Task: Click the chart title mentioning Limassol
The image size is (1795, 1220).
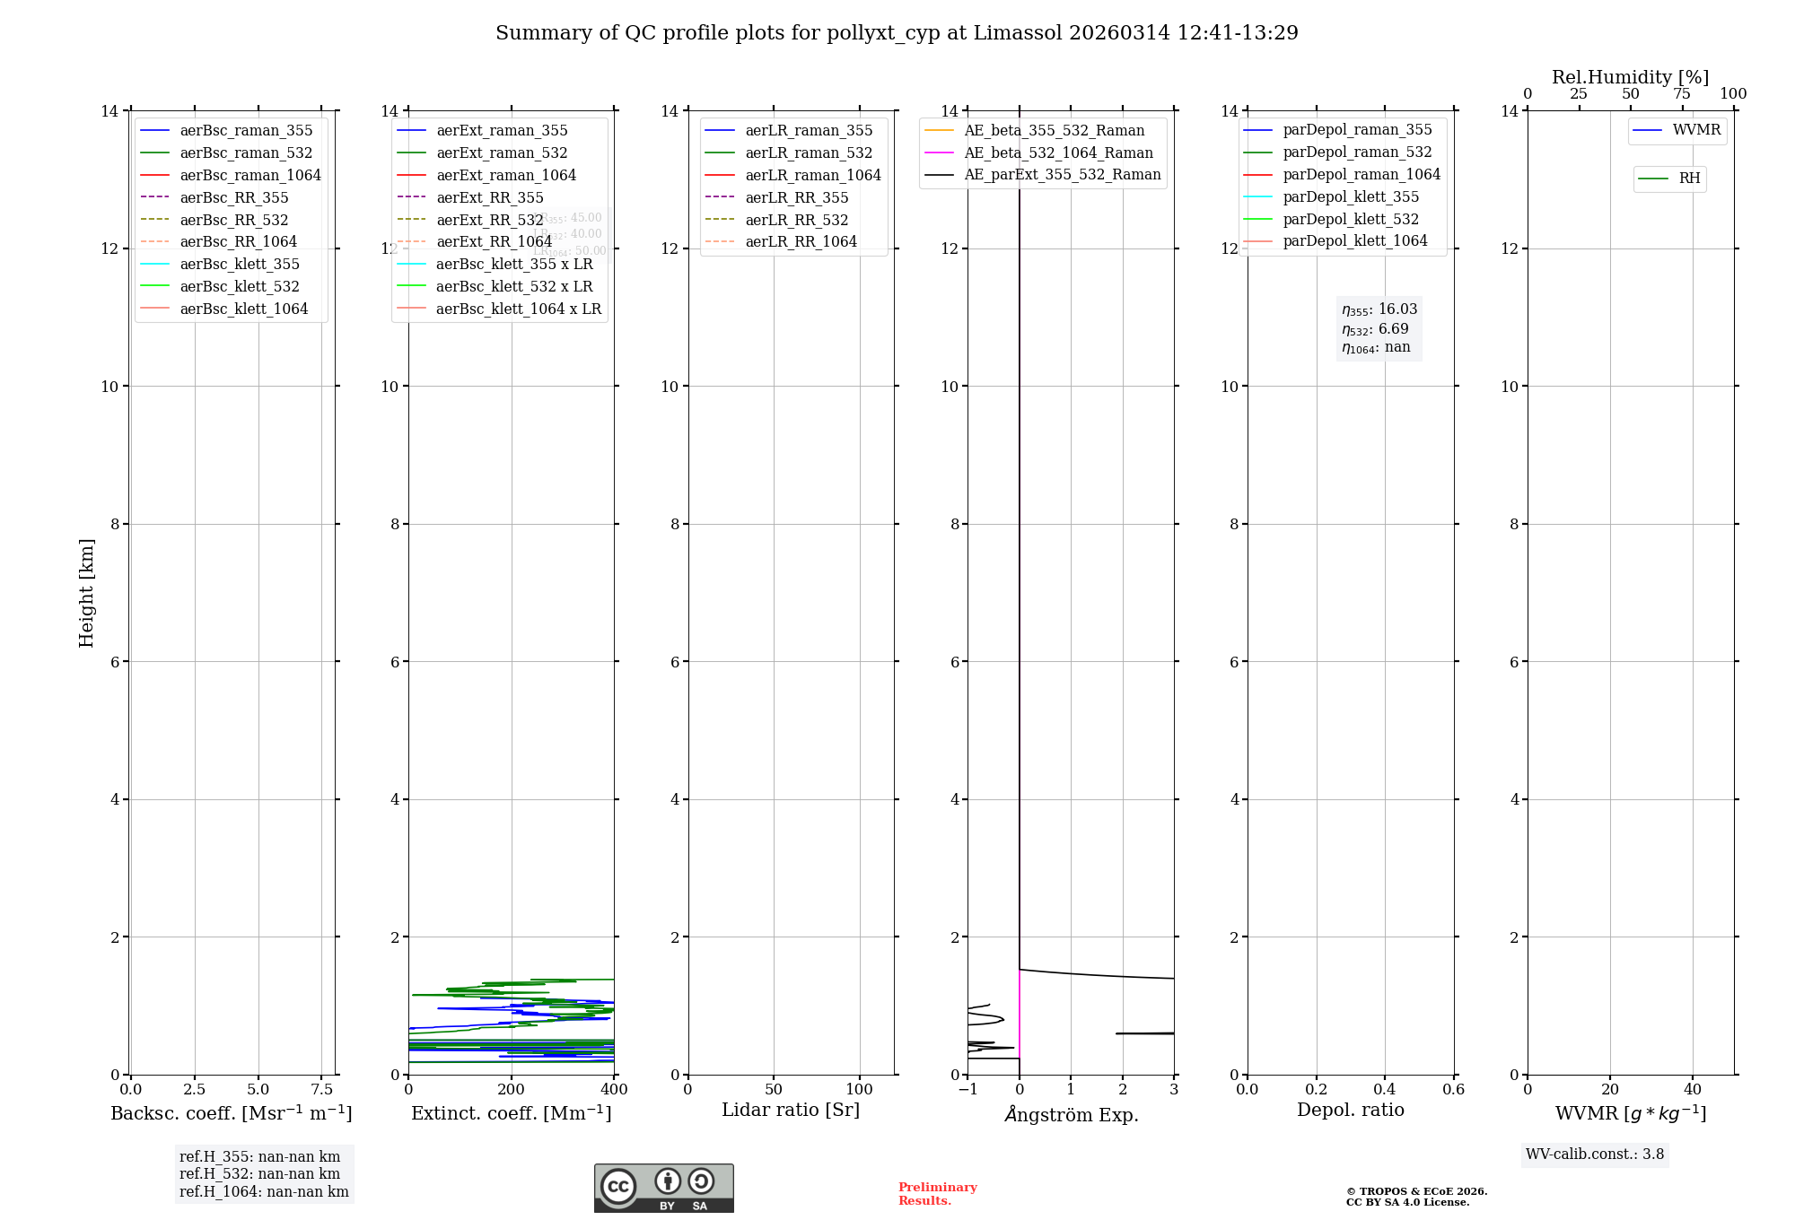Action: click(x=897, y=33)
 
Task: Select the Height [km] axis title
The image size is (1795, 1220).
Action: click(x=86, y=592)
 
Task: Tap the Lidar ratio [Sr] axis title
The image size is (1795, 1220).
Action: click(x=791, y=1110)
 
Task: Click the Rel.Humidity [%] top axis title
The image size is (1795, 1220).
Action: click(x=1630, y=77)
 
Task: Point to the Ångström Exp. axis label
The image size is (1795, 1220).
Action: click(x=1071, y=1114)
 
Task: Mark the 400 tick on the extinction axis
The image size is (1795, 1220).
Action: click(x=614, y=1090)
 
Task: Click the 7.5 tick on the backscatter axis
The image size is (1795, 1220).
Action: click(x=322, y=1090)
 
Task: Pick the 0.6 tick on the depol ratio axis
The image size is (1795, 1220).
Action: click(x=1453, y=1090)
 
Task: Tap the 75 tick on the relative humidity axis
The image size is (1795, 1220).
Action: click(x=1682, y=94)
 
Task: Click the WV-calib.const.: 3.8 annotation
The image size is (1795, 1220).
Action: click(x=1595, y=1155)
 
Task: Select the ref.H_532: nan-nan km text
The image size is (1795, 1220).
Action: click(x=259, y=1173)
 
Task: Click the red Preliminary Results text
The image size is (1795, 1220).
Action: click(x=937, y=1194)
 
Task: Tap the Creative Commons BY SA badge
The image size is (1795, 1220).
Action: click(x=663, y=1189)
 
